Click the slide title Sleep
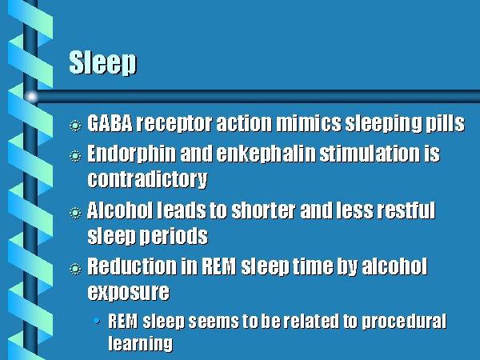(103, 62)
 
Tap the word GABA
(110, 123)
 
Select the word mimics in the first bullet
(309, 123)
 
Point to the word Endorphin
(132, 154)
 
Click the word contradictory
(147, 179)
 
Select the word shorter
(263, 210)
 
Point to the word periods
(174, 236)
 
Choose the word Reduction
(132, 266)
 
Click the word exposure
(128, 292)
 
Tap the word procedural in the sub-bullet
(404, 322)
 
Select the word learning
(141, 343)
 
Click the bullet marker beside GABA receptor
(75, 126)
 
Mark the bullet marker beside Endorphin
(75, 156)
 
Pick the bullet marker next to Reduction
(75, 269)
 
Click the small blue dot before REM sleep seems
(97, 321)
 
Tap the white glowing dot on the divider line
(31, 97)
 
